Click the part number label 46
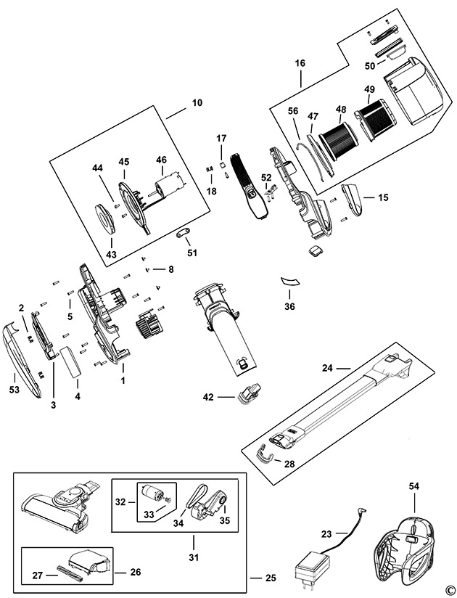click(x=162, y=160)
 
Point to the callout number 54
click(x=414, y=486)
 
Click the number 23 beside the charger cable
click(x=326, y=534)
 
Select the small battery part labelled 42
click(x=248, y=393)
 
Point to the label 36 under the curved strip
click(x=289, y=306)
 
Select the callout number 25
click(x=271, y=578)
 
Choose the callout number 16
click(x=300, y=63)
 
